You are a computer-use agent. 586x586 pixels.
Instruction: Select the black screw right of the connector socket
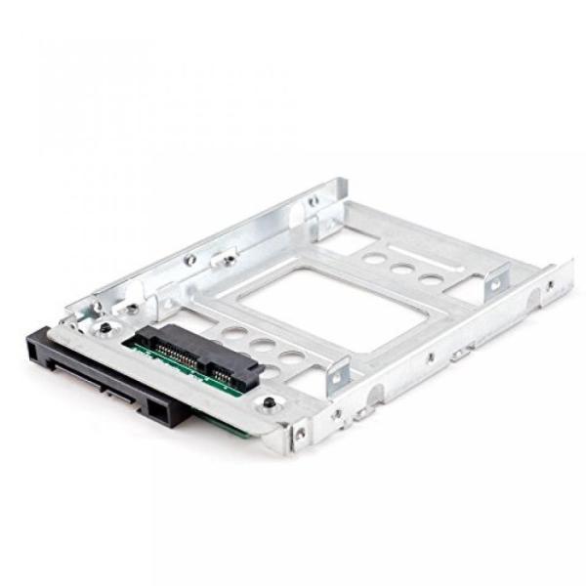pos(268,403)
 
